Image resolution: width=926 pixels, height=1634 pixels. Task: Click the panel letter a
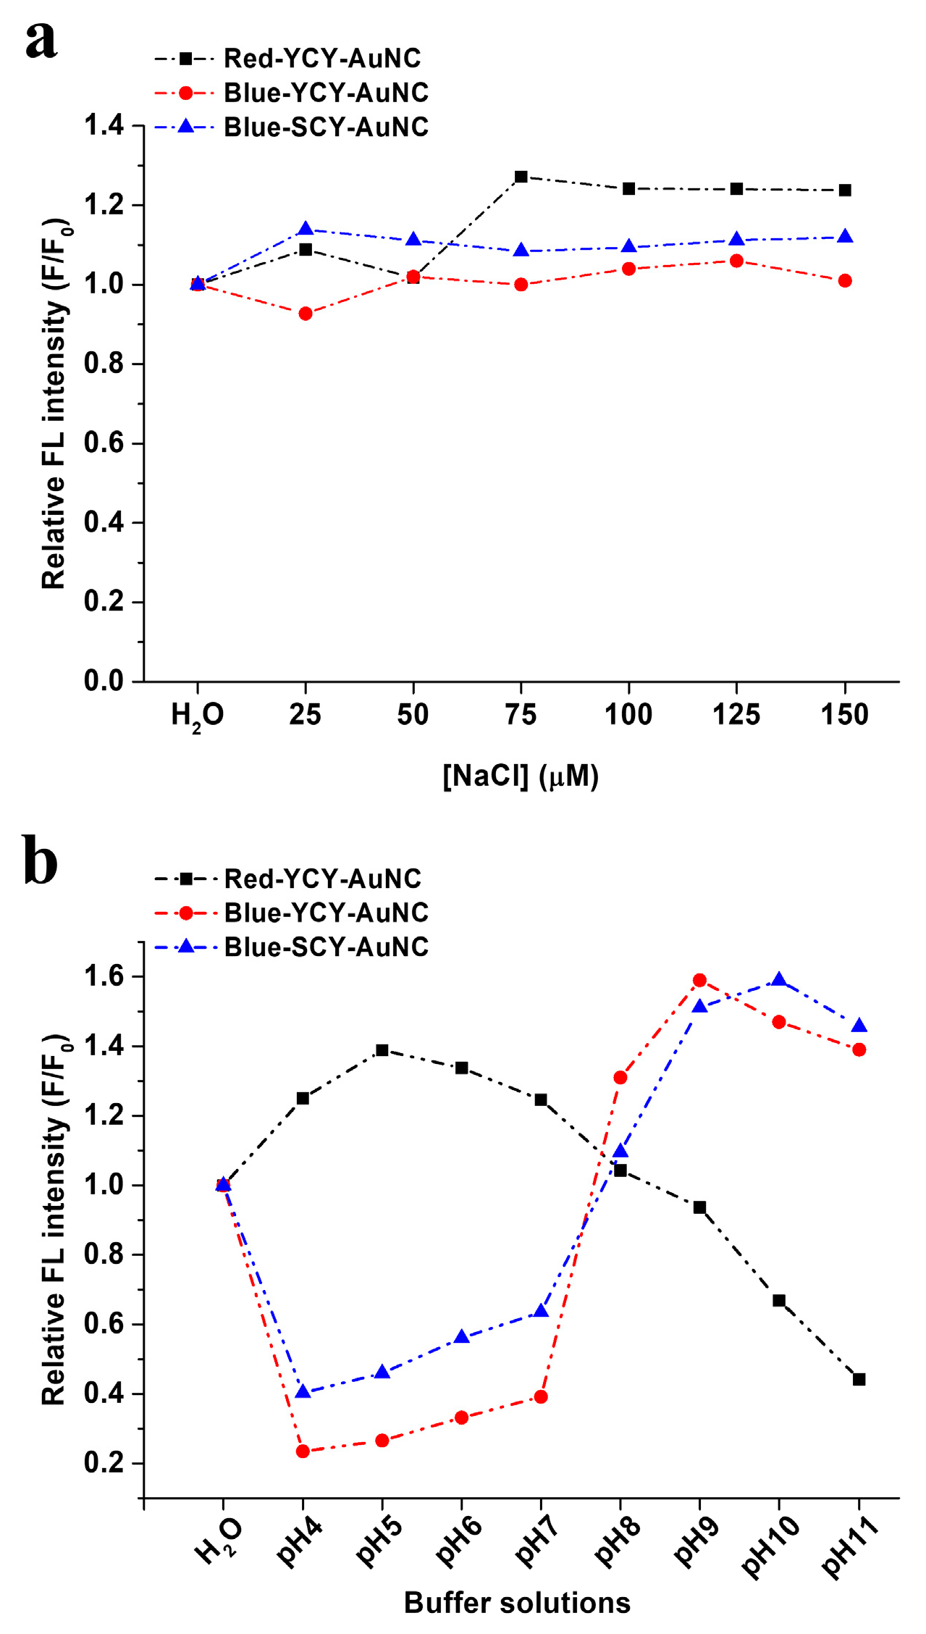click(x=41, y=41)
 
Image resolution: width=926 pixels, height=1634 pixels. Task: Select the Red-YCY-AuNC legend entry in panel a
click(x=321, y=58)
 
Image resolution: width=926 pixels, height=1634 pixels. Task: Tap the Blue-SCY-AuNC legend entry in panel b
click(x=326, y=947)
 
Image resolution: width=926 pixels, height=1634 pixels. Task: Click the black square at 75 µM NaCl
click(x=521, y=177)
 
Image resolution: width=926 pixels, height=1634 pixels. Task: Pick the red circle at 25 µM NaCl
click(x=306, y=314)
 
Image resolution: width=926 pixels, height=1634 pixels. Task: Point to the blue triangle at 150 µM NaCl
click(x=844, y=237)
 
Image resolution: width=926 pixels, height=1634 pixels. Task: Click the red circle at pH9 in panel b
click(x=699, y=980)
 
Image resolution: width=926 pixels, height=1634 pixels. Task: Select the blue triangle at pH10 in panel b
click(x=779, y=980)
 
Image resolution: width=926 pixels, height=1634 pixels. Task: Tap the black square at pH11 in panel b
click(x=859, y=1380)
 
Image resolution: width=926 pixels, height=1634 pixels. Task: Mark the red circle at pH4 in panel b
click(x=303, y=1451)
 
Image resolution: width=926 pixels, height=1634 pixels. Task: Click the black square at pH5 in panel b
click(x=382, y=1050)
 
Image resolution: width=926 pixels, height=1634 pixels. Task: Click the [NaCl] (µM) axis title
click(x=521, y=776)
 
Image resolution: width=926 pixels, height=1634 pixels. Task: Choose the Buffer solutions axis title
click(x=517, y=1603)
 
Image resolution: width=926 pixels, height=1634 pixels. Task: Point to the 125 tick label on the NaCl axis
click(x=736, y=715)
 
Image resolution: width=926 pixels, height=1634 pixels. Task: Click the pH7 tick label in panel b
click(x=535, y=1542)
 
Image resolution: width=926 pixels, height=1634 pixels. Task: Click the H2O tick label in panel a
click(x=197, y=716)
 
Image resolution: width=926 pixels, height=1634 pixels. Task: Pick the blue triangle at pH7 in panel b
click(x=541, y=1311)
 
